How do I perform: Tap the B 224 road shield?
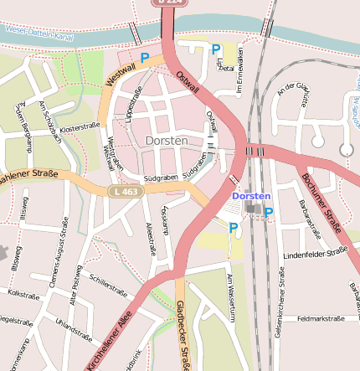167,3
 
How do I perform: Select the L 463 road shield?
121,193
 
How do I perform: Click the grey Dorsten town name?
167,141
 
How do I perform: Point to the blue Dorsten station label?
251,196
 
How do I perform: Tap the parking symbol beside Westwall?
145,58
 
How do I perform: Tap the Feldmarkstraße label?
321,318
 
